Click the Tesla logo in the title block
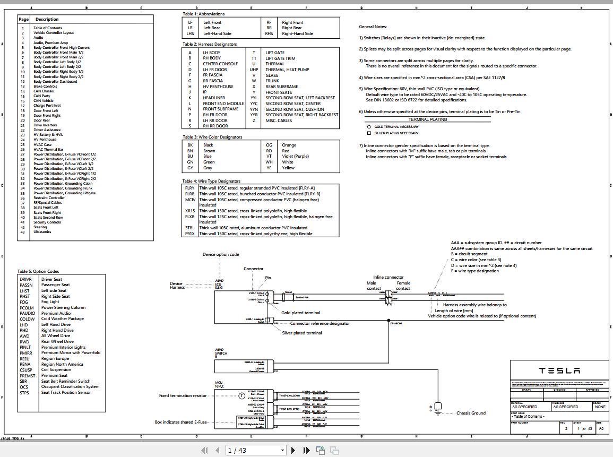[559, 370]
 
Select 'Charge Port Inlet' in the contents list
[47, 106]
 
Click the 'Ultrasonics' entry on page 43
[42, 232]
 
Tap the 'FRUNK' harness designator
[273, 81]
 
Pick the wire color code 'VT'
[269, 157]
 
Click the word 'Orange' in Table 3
[289, 145]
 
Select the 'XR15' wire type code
[189, 211]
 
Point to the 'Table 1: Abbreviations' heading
[204, 14]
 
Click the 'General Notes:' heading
[373, 27]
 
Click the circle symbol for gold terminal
[369, 127]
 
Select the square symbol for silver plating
[369, 133]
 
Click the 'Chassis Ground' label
[471, 413]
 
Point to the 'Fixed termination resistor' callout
[183, 395]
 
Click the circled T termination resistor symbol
[242, 396]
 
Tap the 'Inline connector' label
[388, 277]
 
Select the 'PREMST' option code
[28, 376]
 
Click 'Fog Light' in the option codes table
[50, 302]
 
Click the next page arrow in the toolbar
[293, 450]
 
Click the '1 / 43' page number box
[252, 450]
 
